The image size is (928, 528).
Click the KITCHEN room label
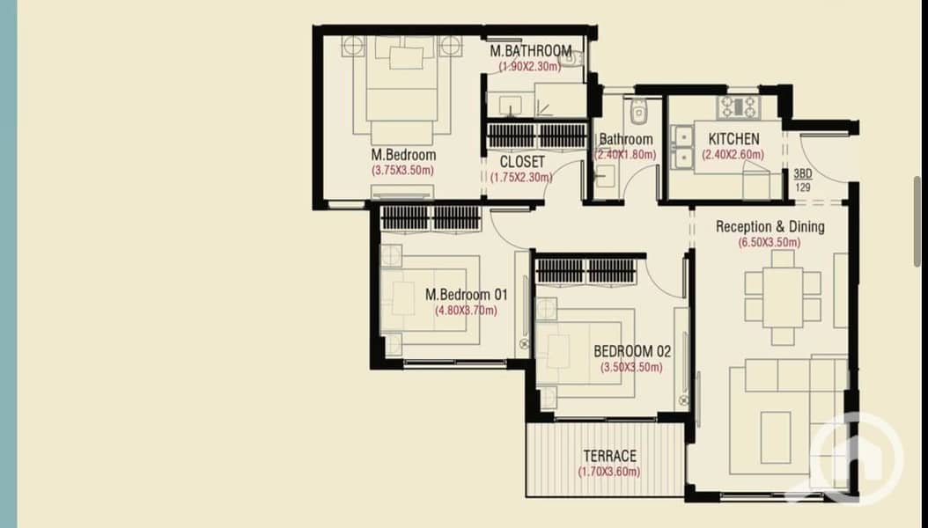tap(733, 139)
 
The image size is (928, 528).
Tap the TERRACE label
tap(609, 457)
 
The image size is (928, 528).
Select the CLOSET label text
tap(522, 162)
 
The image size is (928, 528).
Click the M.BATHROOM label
tap(531, 51)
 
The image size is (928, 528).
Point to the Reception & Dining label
tap(770, 226)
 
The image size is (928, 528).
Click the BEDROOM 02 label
tap(632, 352)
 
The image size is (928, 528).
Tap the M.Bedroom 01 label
tap(467, 295)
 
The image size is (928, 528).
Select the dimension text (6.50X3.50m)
tap(770, 242)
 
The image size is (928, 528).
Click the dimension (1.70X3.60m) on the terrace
tap(609, 472)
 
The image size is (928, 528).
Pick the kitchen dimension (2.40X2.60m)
tap(733, 155)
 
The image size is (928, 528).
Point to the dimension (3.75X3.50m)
tap(402, 171)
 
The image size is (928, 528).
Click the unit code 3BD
tap(802, 174)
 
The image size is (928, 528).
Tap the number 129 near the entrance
tap(802, 187)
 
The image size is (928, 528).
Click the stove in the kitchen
tap(739, 107)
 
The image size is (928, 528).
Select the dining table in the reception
tap(783, 297)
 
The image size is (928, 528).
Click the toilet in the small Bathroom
tap(638, 111)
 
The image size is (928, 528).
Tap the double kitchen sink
tap(682, 147)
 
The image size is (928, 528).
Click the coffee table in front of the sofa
tap(776, 437)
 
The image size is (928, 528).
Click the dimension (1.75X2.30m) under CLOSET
tap(521, 178)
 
